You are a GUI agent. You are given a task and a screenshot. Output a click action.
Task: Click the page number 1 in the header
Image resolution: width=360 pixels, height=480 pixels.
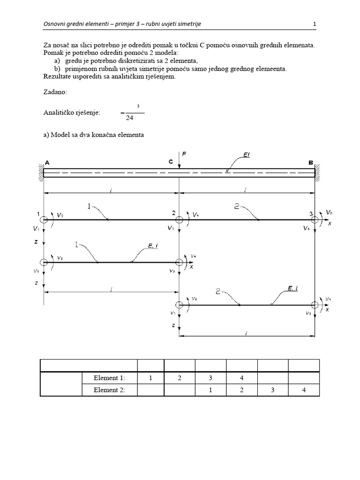click(314, 24)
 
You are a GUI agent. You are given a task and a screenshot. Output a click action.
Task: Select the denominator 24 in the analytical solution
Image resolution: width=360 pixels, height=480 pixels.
click(130, 118)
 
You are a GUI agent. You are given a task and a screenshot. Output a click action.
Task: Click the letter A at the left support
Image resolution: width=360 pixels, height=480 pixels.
click(47, 163)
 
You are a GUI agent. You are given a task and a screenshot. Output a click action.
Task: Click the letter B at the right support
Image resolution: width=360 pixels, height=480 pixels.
click(310, 163)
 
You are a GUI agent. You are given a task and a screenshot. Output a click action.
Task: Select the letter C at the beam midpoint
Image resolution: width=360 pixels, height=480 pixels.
click(171, 162)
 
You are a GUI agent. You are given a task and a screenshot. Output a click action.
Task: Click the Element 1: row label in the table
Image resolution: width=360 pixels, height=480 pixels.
click(109, 377)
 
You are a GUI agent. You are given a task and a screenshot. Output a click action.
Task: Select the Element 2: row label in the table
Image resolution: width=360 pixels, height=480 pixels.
click(109, 390)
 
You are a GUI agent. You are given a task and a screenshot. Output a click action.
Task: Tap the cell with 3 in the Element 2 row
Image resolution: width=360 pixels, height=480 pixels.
click(273, 390)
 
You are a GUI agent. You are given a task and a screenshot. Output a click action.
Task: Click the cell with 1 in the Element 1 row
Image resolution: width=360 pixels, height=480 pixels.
click(150, 377)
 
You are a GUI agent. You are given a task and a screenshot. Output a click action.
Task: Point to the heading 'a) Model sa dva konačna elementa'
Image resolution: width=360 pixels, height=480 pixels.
click(93, 135)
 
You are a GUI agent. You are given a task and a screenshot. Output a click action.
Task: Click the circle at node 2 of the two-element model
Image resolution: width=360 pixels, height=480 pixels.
click(179, 219)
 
